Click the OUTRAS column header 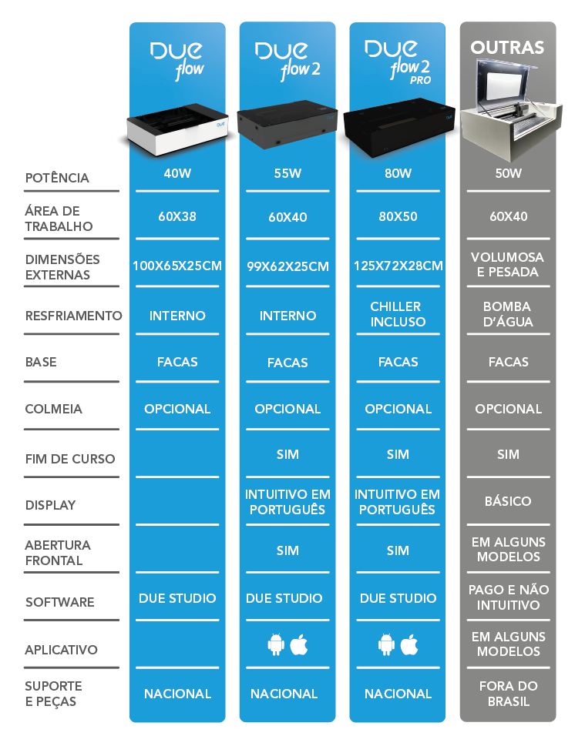point(507,48)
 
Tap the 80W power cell point(398,174)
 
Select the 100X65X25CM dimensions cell point(177,266)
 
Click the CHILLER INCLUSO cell point(398,314)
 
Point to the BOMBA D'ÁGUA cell point(508,314)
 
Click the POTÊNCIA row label point(57,178)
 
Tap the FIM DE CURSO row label point(70,459)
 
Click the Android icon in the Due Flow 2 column point(276,645)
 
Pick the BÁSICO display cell point(508,501)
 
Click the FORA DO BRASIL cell point(508,694)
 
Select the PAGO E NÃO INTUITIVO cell point(508,597)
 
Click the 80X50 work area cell point(398,216)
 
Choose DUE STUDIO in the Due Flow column point(177,598)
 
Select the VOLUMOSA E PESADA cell point(508,264)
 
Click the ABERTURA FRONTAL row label point(58,553)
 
